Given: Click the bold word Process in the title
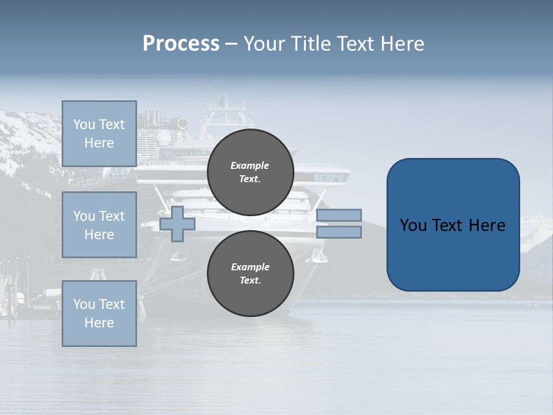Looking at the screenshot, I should [181, 44].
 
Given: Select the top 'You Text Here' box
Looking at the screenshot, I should [99, 134].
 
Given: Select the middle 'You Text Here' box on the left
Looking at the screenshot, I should [99, 225].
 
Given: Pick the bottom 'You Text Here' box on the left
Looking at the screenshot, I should [99, 314].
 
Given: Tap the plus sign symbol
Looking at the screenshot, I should [177, 224].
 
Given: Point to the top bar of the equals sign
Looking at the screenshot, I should [339, 215].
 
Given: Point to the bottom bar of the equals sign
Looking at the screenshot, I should [339, 232].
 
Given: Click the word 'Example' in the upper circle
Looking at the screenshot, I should [250, 165].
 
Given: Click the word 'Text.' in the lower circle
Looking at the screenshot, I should [250, 280].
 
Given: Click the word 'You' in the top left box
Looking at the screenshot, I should [84, 124].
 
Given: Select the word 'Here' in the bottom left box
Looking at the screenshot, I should [99, 323].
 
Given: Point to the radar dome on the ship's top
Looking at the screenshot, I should [164, 137].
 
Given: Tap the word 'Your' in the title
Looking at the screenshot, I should [264, 44].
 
